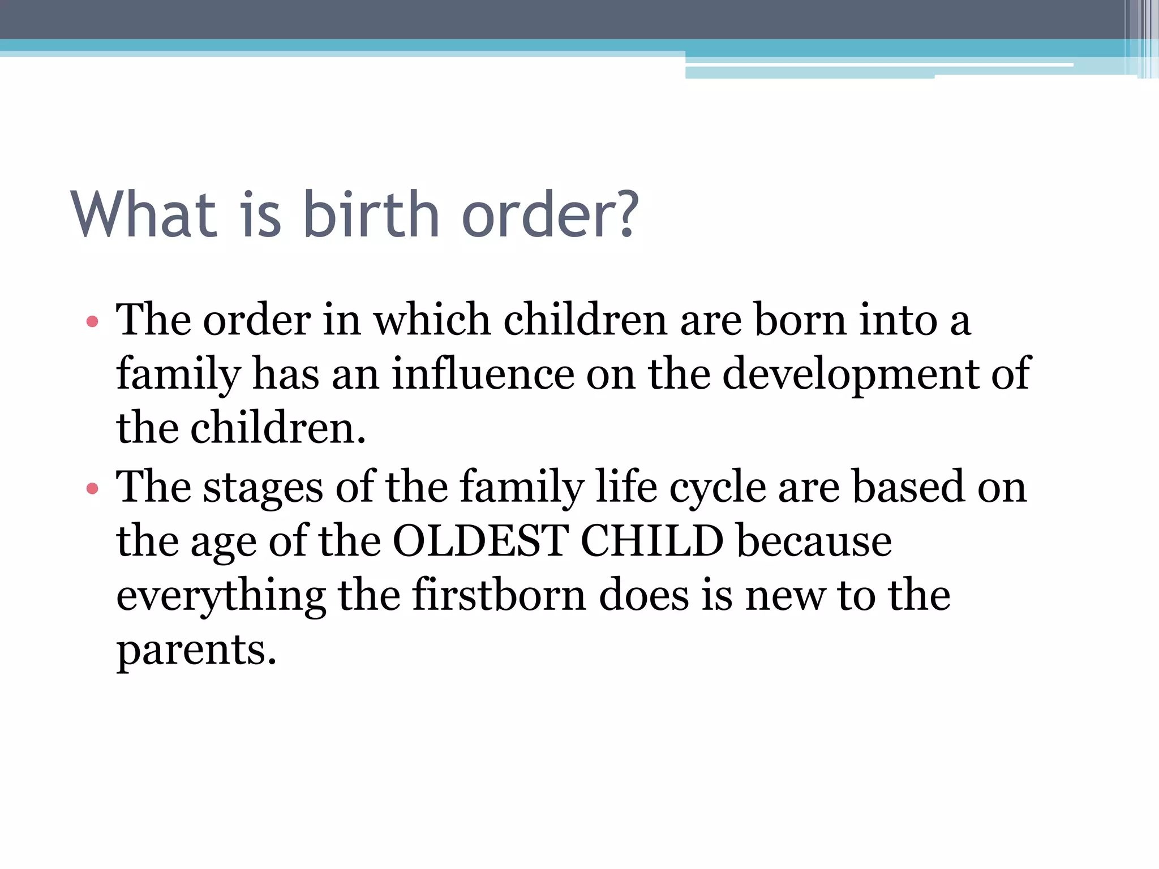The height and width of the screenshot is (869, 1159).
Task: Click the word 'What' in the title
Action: [x=144, y=215]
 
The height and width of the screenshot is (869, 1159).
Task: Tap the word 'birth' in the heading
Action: [x=371, y=215]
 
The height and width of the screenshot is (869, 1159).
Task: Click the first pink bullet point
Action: [x=92, y=322]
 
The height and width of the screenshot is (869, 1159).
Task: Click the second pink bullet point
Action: [x=92, y=488]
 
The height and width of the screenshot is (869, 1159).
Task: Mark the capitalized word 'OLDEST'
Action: [x=480, y=541]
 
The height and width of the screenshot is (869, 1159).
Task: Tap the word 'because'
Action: [x=814, y=541]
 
